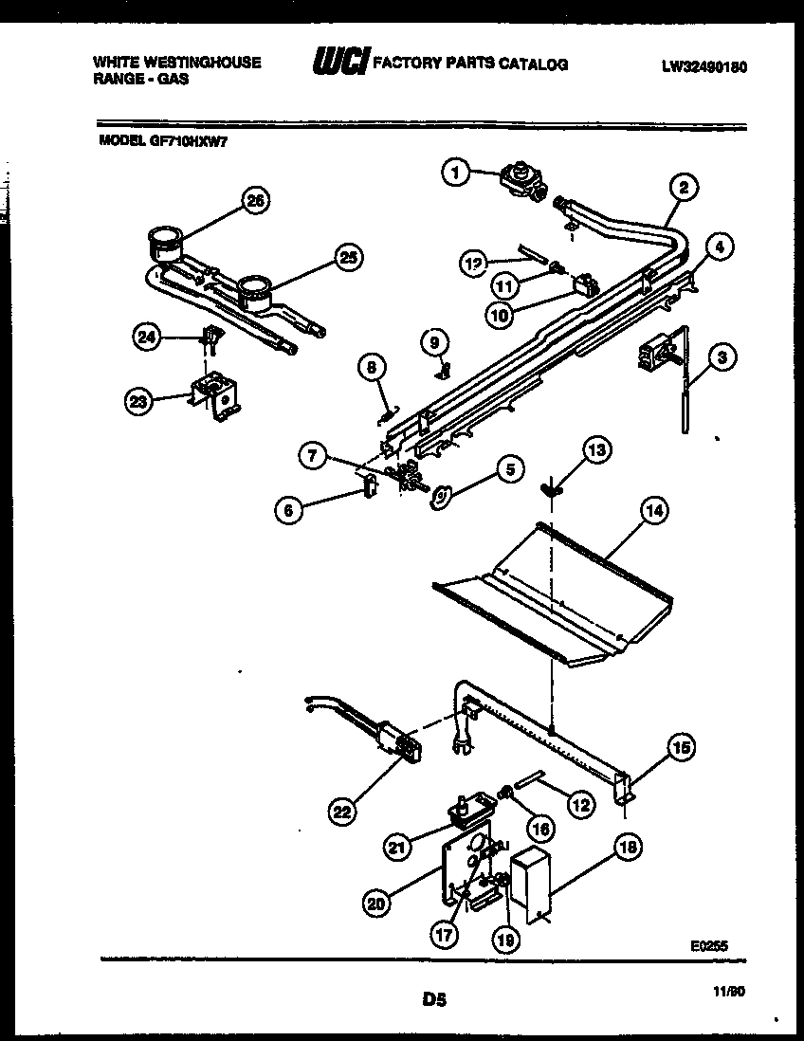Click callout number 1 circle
(x=456, y=173)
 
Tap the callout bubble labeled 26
(x=253, y=200)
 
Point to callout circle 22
(x=342, y=811)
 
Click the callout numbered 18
(x=628, y=848)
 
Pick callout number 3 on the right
(x=722, y=357)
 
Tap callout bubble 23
(x=140, y=402)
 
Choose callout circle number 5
(x=510, y=468)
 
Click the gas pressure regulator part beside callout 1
(x=520, y=180)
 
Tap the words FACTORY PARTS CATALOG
(x=471, y=64)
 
